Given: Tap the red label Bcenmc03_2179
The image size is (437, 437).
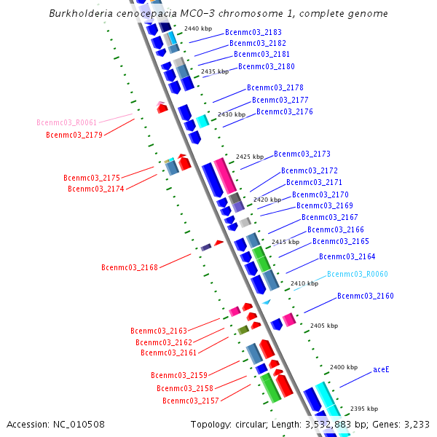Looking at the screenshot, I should coord(74,135).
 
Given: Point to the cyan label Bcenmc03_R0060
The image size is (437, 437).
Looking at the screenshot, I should coord(357,275).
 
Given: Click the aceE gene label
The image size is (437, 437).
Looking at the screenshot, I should coord(381,370).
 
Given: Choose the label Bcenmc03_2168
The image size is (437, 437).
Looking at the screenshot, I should coord(130,268).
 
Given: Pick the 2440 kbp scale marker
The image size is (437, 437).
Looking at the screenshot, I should coord(198,28).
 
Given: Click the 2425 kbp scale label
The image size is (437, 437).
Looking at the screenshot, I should coord(250,157).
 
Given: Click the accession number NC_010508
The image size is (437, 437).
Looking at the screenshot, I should coord(79,424).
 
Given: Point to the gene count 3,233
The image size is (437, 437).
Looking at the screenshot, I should coord(415,424).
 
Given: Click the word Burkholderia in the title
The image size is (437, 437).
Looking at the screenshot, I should coord(82,14).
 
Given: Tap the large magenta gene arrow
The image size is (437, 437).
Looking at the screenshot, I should coord(225,176).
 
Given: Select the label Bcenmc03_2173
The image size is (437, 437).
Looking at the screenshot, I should coord(302,154).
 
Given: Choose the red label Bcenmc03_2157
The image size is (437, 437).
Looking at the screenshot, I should coord(191,401).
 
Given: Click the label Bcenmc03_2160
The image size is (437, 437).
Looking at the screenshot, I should coord(366,296).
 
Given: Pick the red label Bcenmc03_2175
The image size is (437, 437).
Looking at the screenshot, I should coord(92,178).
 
